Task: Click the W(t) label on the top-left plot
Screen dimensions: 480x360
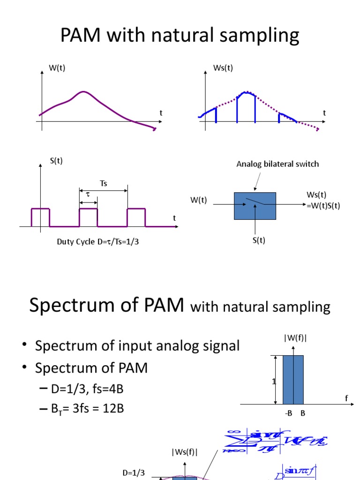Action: (x=57, y=68)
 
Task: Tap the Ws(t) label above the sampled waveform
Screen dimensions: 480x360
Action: (x=223, y=68)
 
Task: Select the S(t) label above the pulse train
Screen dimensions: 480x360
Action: (x=56, y=161)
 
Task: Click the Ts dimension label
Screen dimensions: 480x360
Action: (x=104, y=183)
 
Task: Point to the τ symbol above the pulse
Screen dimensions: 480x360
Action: (x=87, y=193)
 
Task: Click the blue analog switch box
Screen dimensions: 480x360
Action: (x=255, y=205)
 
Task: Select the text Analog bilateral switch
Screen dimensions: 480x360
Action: (x=277, y=164)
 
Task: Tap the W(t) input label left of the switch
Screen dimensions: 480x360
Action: (x=198, y=200)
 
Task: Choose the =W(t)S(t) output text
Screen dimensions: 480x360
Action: (x=323, y=205)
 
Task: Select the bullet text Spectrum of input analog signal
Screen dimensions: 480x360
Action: (x=137, y=346)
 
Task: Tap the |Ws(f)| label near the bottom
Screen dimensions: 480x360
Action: (x=184, y=452)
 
